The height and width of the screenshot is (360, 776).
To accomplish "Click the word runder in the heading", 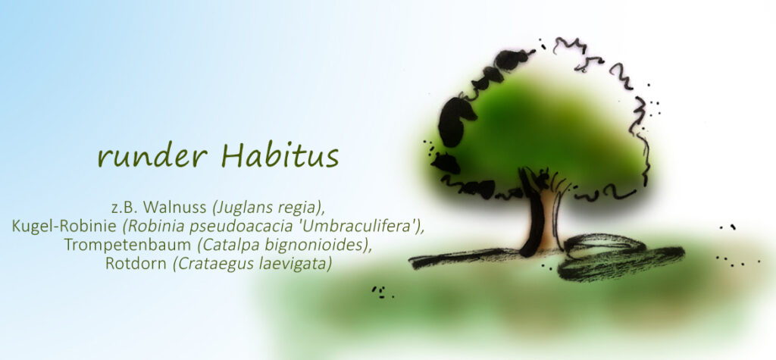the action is [x=152, y=157].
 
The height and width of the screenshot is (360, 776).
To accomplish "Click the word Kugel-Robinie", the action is [x=65, y=226].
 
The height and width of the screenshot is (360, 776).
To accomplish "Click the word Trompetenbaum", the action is [x=127, y=245].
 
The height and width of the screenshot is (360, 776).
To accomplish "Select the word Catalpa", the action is [x=223, y=246].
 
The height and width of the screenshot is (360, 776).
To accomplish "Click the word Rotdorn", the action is [x=136, y=264].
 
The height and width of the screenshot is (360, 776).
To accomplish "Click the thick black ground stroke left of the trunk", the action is [x=465, y=258].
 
